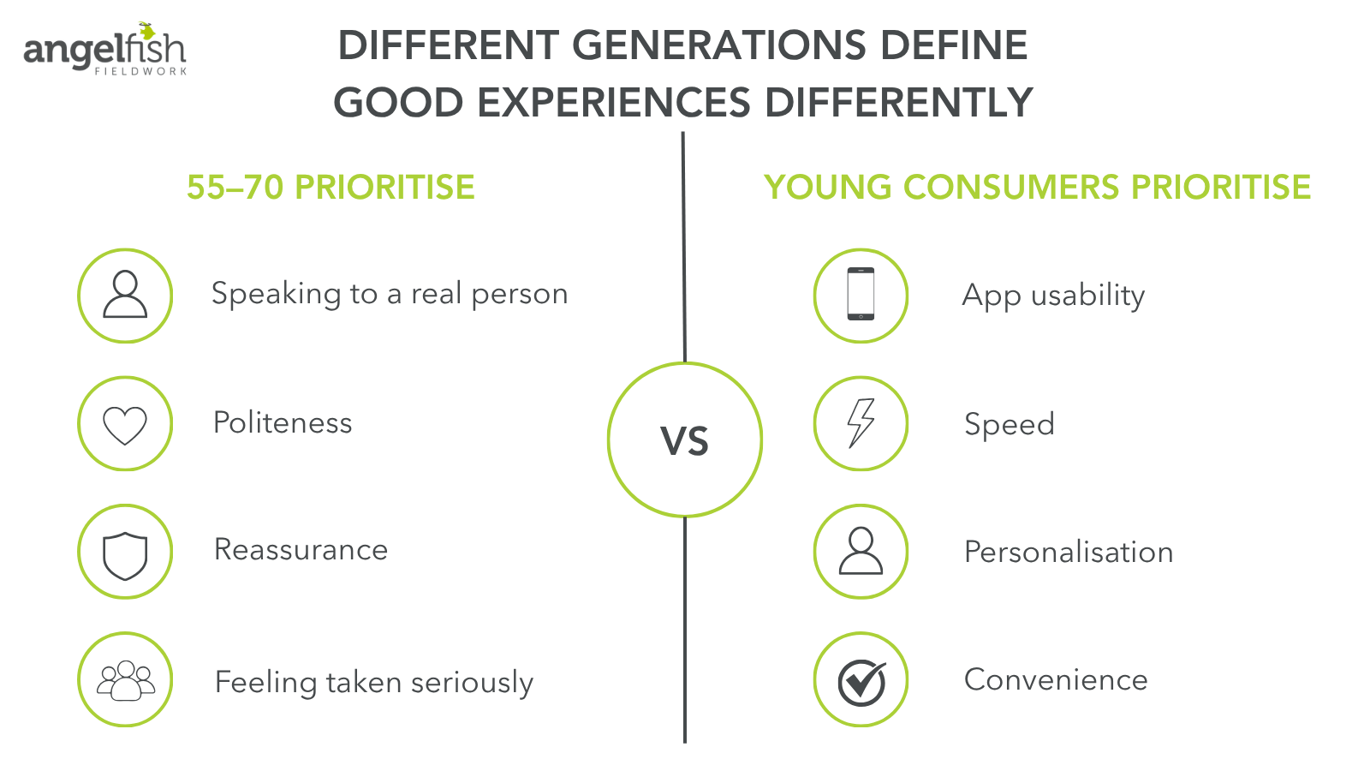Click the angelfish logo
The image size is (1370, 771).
[x=104, y=50]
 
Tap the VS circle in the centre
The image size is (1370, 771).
[x=685, y=440]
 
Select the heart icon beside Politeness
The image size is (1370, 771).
[x=125, y=424]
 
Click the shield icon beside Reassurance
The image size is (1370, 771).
[x=125, y=553]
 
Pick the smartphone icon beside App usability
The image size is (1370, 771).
[x=861, y=296]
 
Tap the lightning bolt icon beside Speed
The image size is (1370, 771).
[x=861, y=423]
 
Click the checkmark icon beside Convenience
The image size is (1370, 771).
[x=861, y=680]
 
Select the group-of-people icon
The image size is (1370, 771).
[x=125, y=680]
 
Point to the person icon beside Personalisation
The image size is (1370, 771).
[x=861, y=552]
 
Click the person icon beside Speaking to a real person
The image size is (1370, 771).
[x=125, y=296]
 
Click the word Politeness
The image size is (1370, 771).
[x=283, y=423]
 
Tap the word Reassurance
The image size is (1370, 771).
[x=301, y=550]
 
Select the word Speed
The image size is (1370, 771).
[x=1009, y=425]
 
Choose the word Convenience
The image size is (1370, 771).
[x=1056, y=680]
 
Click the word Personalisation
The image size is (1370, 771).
[x=1069, y=553]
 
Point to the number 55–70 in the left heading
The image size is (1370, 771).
[x=235, y=188]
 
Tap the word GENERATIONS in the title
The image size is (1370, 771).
[x=718, y=45]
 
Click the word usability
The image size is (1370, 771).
[x=1087, y=296]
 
